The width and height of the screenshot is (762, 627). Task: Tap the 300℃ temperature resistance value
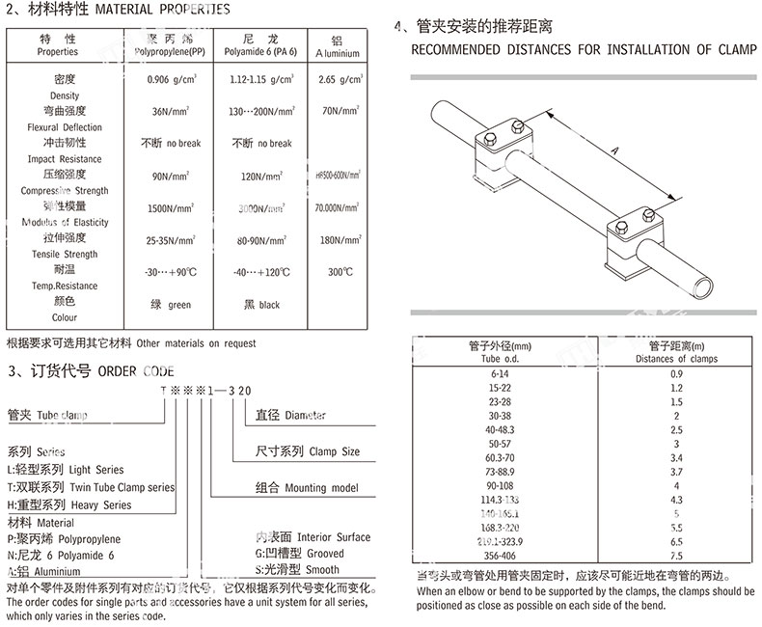pos(340,272)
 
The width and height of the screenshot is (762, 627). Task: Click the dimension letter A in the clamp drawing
pos(614,148)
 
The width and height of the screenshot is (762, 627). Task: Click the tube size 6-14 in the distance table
pos(500,372)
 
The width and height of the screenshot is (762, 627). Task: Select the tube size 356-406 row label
pos(500,557)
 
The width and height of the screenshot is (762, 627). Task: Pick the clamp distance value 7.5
pos(676,557)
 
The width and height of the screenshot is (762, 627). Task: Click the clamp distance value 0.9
pos(676,372)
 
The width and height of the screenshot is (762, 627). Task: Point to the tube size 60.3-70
pos(500,458)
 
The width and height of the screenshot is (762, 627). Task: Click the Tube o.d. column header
pos(500,359)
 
